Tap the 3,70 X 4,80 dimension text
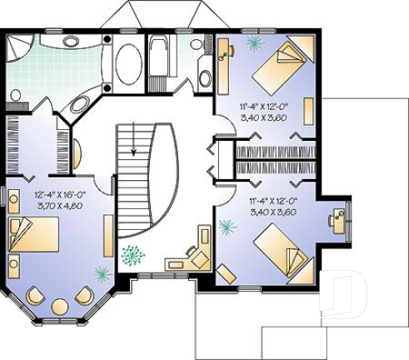click(61, 203)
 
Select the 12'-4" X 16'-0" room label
click(60, 193)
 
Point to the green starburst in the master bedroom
click(102, 272)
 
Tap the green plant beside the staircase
click(132, 254)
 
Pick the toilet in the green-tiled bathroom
click(16, 96)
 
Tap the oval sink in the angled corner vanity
click(82, 104)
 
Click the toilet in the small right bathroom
click(205, 77)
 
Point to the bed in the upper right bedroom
click(280, 68)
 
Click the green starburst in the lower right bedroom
click(225, 224)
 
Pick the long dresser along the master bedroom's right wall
click(108, 235)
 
